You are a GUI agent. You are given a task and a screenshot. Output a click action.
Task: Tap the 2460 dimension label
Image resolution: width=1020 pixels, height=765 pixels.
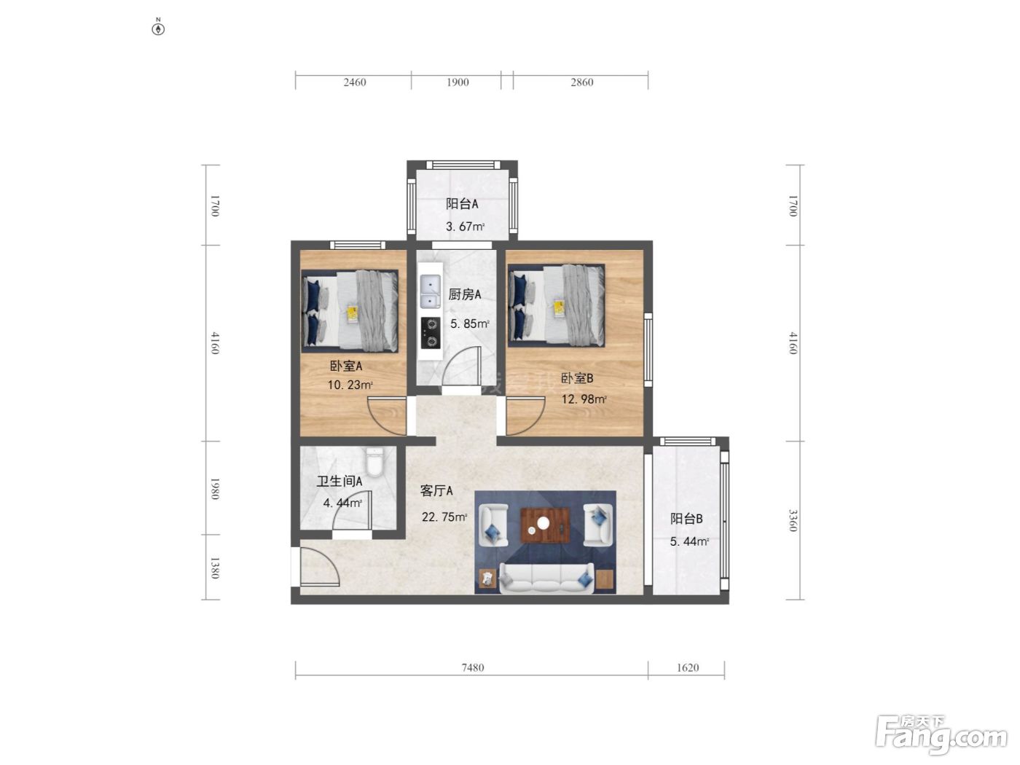pyautogui.click(x=355, y=82)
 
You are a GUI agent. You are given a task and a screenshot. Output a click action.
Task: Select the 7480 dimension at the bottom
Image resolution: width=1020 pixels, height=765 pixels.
pyautogui.click(x=473, y=667)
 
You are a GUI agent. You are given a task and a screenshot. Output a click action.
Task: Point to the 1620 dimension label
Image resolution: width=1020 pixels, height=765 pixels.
pyautogui.click(x=687, y=667)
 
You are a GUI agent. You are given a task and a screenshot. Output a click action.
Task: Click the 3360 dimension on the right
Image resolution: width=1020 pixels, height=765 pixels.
pyautogui.click(x=793, y=521)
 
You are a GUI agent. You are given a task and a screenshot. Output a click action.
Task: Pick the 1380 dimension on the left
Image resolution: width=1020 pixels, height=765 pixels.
pyautogui.click(x=214, y=568)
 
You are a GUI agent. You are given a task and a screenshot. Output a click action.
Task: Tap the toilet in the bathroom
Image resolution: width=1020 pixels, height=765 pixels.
pyautogui.click(x=374, y=461)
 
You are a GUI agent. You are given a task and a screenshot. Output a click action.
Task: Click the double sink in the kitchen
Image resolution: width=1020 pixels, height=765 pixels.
pyautogui.click(x=431, y=291)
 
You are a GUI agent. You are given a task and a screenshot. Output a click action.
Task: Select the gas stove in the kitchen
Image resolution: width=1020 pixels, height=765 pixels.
pyautogui.click(x=431, y=332)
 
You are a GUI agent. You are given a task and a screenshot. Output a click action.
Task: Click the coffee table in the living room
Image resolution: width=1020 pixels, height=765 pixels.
pyautogui.click(x=545, y=525)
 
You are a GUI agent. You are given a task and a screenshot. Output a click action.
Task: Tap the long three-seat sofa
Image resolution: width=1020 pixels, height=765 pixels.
pyautogui.click(x=546, y=578)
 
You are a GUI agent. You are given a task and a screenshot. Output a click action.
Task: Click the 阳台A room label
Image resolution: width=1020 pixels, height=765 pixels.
pyautogui.click(x=462, y=203)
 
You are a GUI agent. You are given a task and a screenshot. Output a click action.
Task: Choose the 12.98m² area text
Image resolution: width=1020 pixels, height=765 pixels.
pyautogui.click(x=584, y=399)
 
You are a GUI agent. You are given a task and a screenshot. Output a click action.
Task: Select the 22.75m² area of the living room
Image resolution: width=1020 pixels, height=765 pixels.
pyautogui.click(x=444, y=517)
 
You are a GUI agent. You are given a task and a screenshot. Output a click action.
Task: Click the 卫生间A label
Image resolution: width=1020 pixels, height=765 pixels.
pyautogui.click(x=340, y=481)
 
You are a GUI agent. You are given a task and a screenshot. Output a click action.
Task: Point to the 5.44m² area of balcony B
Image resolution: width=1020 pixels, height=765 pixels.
pyautogui.click(x=689, y=541)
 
